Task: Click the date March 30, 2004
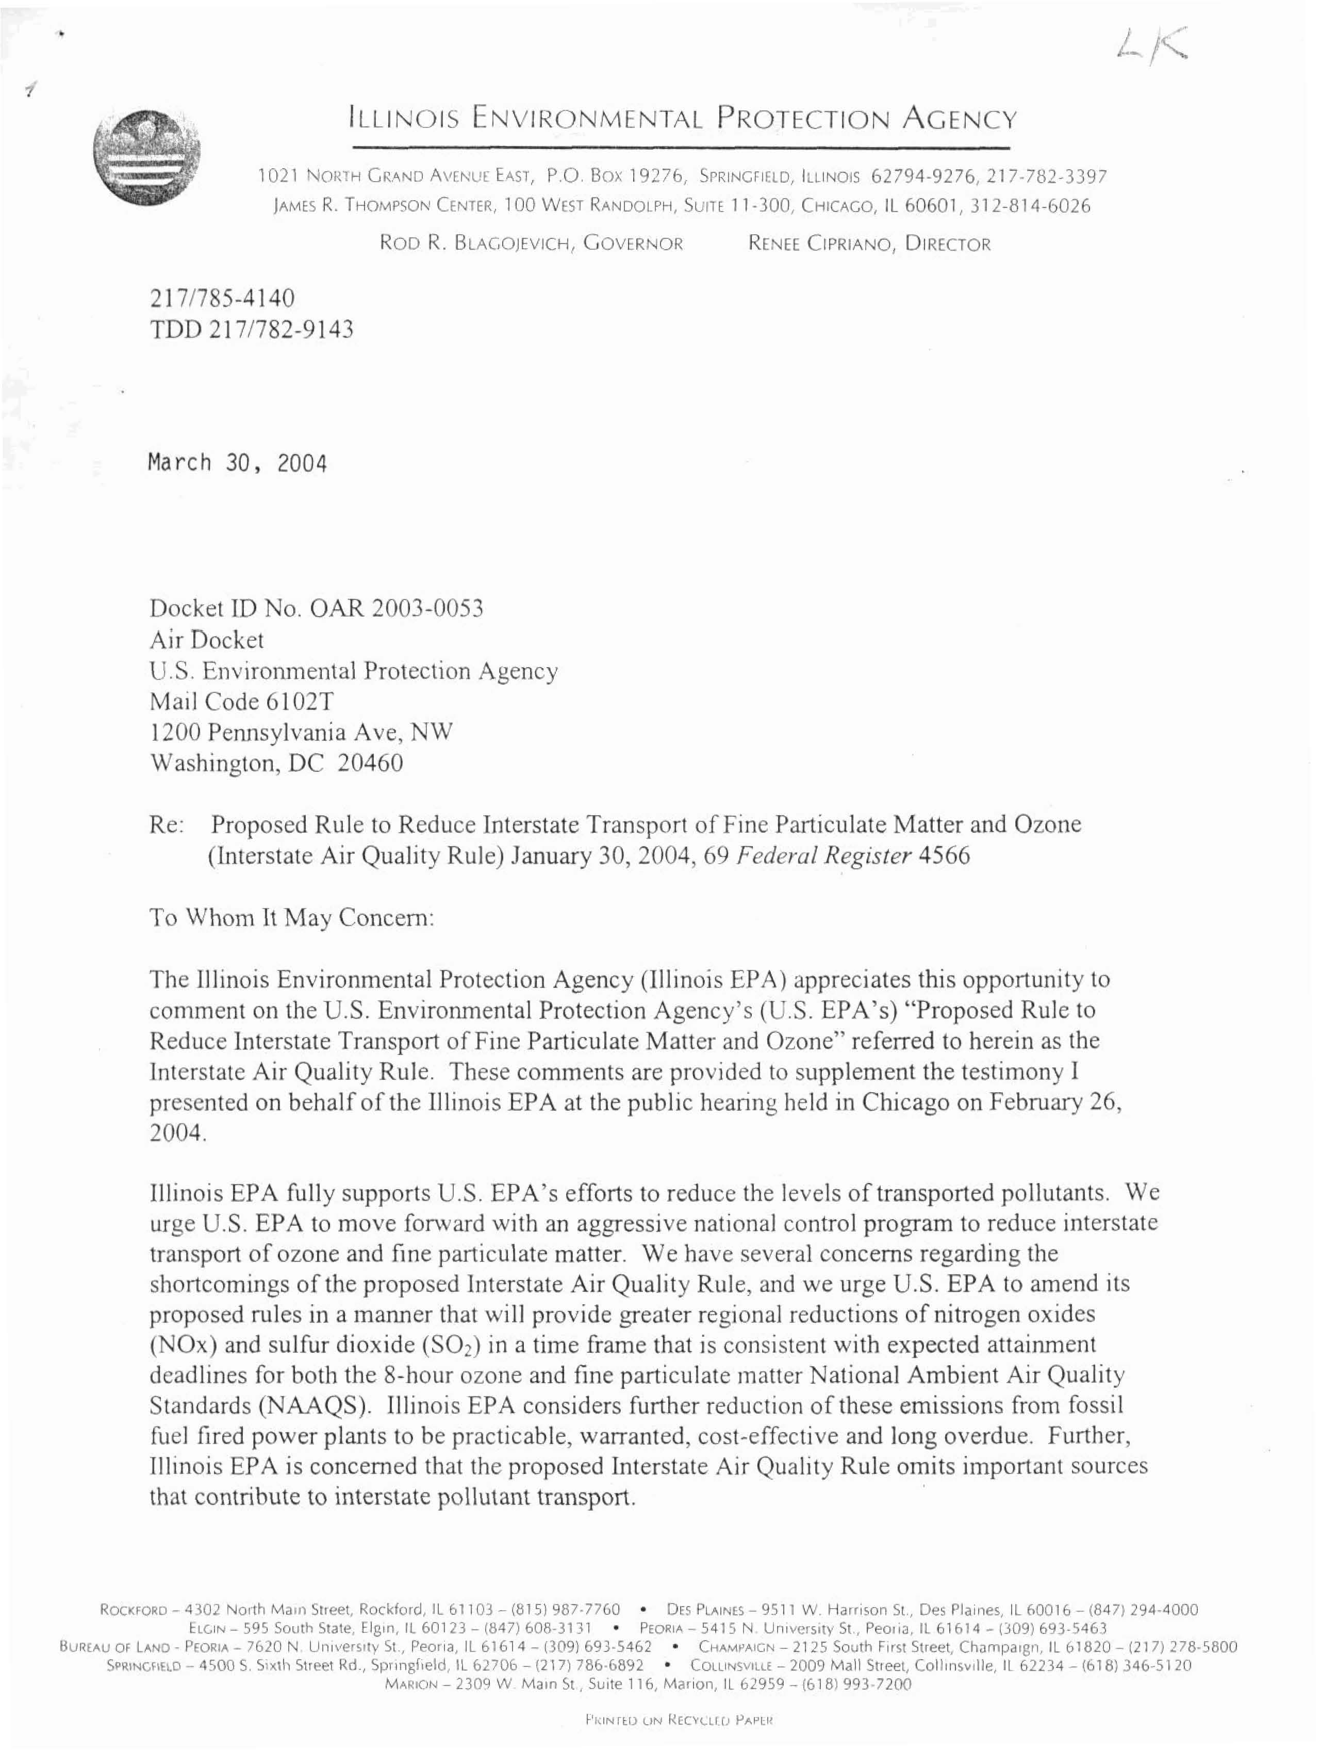(237, 462)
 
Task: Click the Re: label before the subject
(167, 825)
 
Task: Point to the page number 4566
(944, 857)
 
